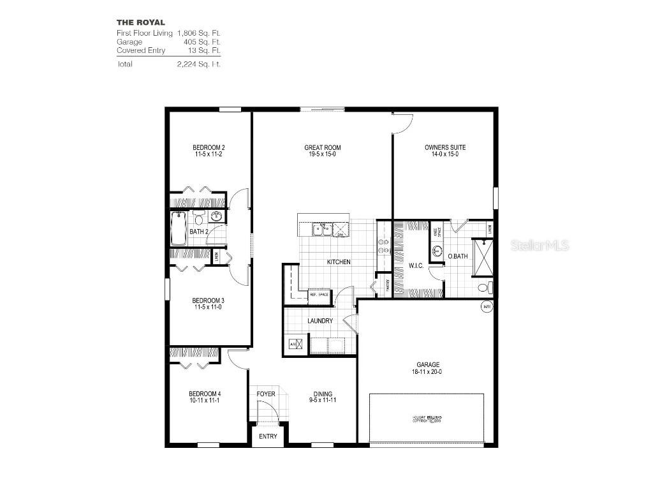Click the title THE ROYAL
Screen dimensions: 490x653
(x=140, y=22)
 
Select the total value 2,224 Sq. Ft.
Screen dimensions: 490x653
(x=199, y=64)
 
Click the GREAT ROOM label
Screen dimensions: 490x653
(x=318, y=147)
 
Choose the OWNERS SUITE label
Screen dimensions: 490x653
(x=445, y=147)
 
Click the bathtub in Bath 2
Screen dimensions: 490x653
(x=179, y=228)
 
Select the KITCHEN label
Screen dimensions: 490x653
(x=339, y=262)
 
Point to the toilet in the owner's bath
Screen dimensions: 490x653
(x=485, y=288)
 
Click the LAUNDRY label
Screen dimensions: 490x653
(x=319, y=321)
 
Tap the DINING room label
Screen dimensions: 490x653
(x=323, y=394)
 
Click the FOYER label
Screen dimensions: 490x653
(x=266, y=394)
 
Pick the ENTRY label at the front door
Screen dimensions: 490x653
(x=268, y=436)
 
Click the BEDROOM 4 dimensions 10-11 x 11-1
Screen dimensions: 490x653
(x=204, y=401)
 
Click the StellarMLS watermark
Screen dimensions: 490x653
(x=539, y=246)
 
